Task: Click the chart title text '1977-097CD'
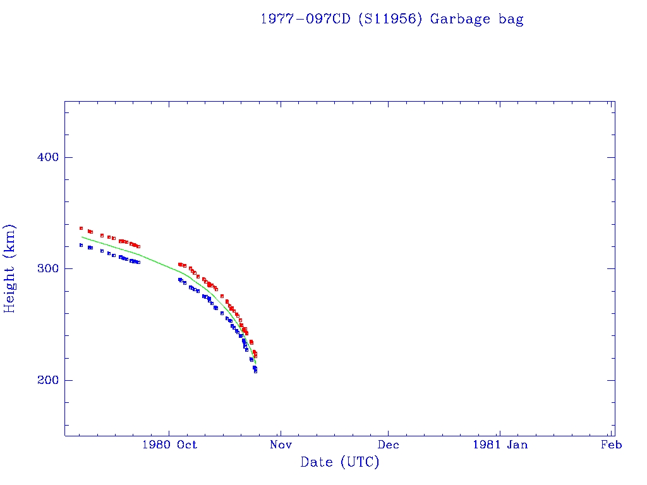pos(306,19)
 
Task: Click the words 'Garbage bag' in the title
pos(477,19)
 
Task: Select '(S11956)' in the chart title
pos(389,19)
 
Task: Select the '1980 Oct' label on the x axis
pos(169,445)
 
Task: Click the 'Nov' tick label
pos(281,445)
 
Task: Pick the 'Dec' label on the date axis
pos(388,445)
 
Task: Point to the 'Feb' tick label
pos(611,445)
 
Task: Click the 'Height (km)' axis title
pos(10,268)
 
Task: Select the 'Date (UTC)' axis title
pos(340,462)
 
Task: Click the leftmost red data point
pos(81,228)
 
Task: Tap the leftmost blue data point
pos(81,245)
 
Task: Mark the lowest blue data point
pos(255,371)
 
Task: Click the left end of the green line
pos(82,237)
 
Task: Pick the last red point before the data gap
pos(138,246)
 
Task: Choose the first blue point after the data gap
pos(179,279)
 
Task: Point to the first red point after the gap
pos(179,264)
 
